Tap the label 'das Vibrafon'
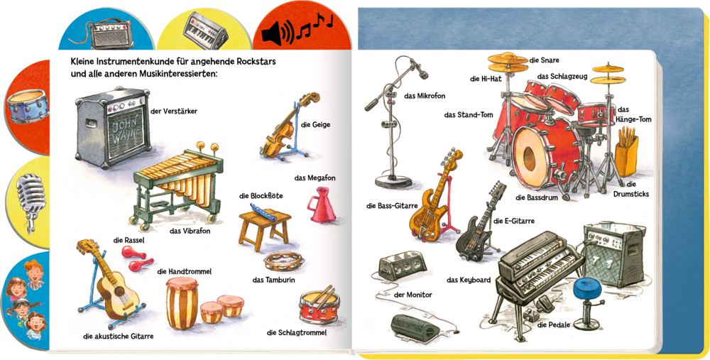190,231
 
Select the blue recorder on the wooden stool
263,212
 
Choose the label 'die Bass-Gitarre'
392,206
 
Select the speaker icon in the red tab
280,32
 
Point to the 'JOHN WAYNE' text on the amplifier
128,130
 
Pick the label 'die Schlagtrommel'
297,333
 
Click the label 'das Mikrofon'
425,96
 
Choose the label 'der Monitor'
413,295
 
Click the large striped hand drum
182,302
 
